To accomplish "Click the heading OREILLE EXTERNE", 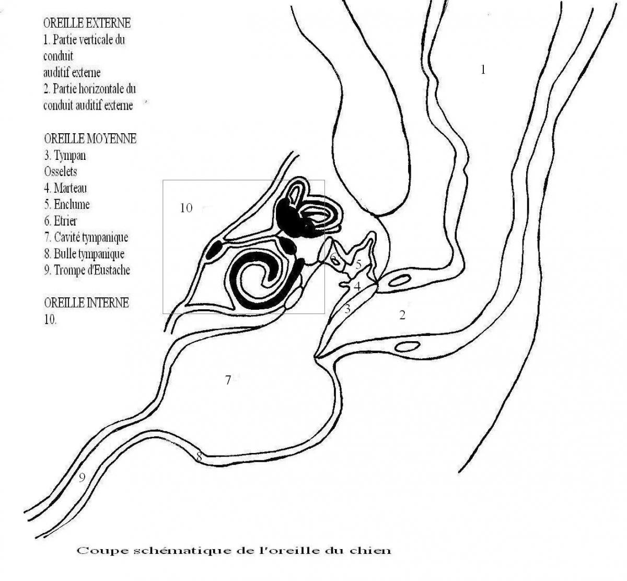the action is [x=87, y=23].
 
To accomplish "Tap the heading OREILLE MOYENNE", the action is [x=90, y=138].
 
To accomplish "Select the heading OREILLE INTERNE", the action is [x=87, y=303].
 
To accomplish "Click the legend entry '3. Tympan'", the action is [x=65, y=155].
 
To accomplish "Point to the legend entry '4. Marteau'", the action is [x=65, y=188].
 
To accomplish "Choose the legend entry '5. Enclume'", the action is [x=67, y=204].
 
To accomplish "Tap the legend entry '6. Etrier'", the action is [x=61, y=220].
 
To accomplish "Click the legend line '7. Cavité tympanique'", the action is [x=86, y=237].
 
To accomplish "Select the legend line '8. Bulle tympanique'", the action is [x=84, y=254].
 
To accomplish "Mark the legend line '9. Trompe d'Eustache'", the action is [x=87, y=270].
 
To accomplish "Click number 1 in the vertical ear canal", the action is [x=483, y=69].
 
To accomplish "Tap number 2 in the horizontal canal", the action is [x=402, y=315].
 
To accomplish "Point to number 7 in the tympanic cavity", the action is [x=228, y=380].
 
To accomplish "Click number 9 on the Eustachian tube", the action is [x=82, y=478].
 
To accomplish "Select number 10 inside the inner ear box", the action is [x=186, y=208].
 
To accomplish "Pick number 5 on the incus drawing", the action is [x=358, y=264].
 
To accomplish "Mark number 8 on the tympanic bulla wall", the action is [x=199, y=456].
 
